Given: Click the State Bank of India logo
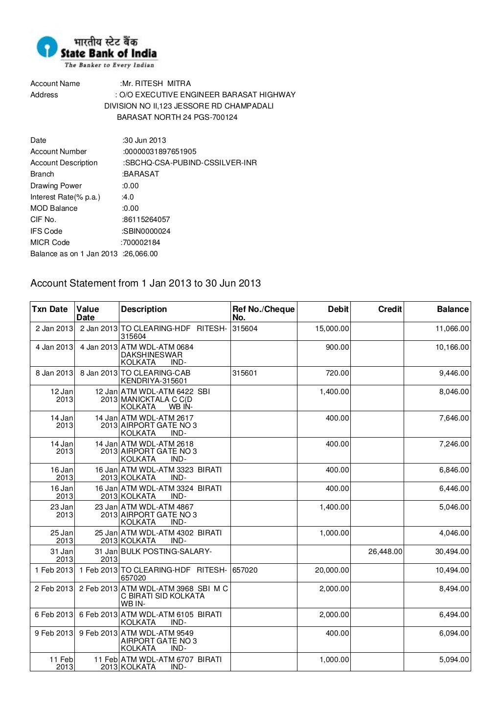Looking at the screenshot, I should (x=96, y=51).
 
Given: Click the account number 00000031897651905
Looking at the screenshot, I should (x=160, y=152).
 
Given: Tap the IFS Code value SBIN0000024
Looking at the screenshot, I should (x=147, y=231).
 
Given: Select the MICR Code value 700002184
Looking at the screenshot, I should (x=141, y=243).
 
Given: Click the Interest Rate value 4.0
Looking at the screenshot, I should (x=128, y=197).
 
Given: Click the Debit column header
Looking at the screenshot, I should (x=338, y=309).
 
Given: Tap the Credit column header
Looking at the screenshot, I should (x=389, y=309).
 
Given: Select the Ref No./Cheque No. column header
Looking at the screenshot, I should (x=263, y=313).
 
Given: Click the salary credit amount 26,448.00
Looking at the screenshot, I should (x=385, y=552).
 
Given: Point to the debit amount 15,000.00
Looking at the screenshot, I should (x=332, y=329).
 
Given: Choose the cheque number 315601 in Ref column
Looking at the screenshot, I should (x=245, y=373).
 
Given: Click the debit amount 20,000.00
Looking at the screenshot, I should (x=332, y=570).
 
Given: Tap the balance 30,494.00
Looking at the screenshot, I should (x=452, y=552).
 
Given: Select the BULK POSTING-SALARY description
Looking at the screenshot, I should (x=166, y=552).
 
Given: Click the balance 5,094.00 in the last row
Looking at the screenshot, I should (x=454, y=660).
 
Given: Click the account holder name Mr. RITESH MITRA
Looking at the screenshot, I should (x=156, y=84).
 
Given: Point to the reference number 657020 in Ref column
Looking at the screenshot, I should (x=245, y=570).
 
